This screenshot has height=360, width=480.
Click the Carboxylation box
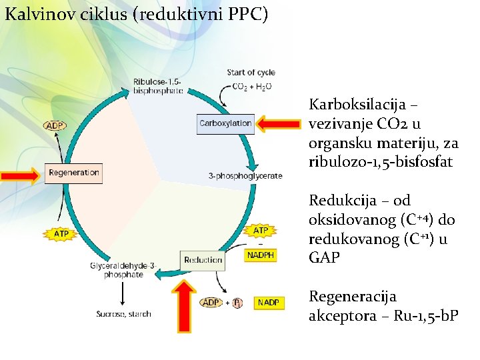[225, 123]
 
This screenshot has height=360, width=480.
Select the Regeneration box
[73, 173]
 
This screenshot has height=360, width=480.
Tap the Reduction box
[203, 260]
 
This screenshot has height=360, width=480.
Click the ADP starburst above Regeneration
[55, 125]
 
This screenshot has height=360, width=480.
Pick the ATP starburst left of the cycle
[61, 234]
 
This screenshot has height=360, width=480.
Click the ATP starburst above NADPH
[261, 231]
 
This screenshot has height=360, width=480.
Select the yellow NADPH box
[261, 255]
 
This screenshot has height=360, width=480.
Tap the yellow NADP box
[269, 303]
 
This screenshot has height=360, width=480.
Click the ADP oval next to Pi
[211, 303]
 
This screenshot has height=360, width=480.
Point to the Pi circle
[238, 303]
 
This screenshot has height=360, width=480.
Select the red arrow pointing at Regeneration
[20, 175]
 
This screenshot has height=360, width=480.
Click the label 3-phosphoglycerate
[245, 176]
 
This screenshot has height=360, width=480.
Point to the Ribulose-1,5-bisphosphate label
[158, 86]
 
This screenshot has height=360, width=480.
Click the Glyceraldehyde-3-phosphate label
[123, 270]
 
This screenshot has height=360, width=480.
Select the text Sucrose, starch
[123, 313]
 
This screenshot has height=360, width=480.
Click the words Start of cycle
[251, 72]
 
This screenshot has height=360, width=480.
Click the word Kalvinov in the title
[35, 14]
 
